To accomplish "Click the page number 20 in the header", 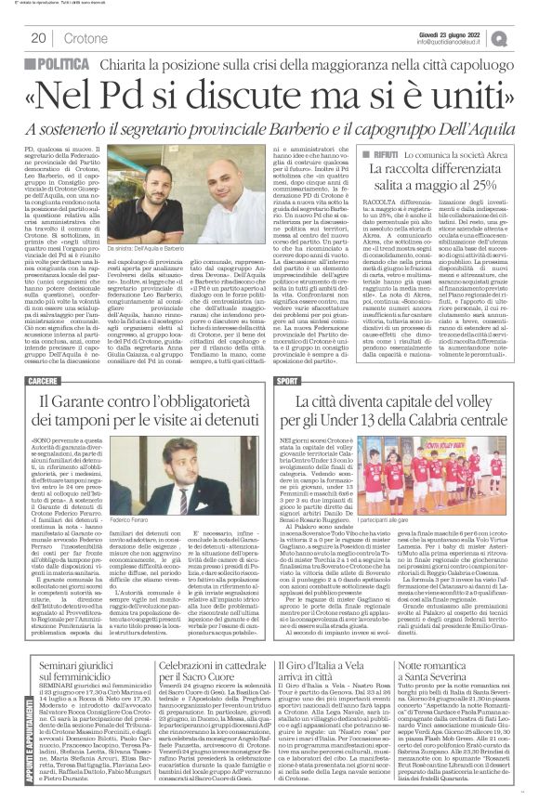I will pos(38,37).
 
